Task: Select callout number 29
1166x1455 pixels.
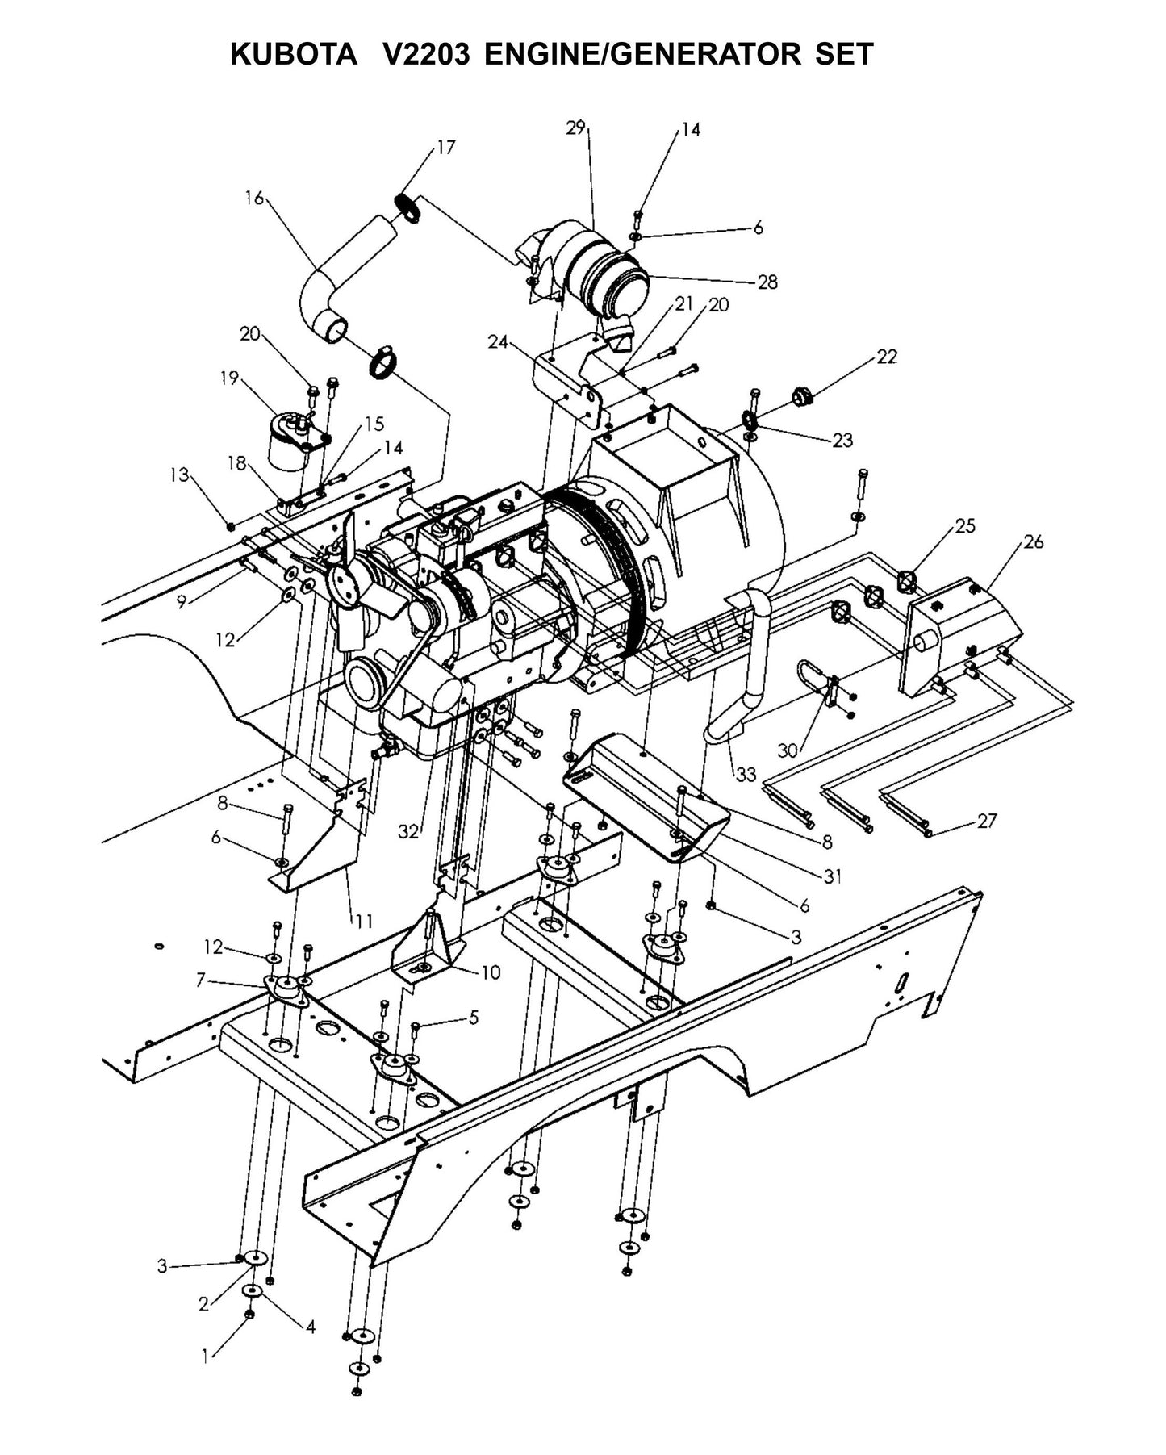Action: [x=575, y=128]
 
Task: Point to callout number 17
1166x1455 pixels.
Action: [x=446, y=147]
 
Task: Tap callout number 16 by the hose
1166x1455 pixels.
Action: [x=254, y=197]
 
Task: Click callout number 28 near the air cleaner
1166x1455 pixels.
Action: [x=767, y=282]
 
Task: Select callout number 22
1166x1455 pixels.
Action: [x=887, y=356]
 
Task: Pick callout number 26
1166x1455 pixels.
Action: [x=1034, y=541]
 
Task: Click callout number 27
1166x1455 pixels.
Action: [x=987, y=821]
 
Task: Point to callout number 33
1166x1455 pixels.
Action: [x=746, y=774]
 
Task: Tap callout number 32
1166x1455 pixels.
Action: [x=408, y=832]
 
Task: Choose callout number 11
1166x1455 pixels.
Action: [x=364, y=921]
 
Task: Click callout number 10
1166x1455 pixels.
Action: [x=491, y=972]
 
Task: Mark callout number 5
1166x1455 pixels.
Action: [x=473, y=1018]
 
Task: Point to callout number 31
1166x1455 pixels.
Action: [x=833, y=876]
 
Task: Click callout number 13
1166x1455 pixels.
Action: [x=178, y=475]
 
